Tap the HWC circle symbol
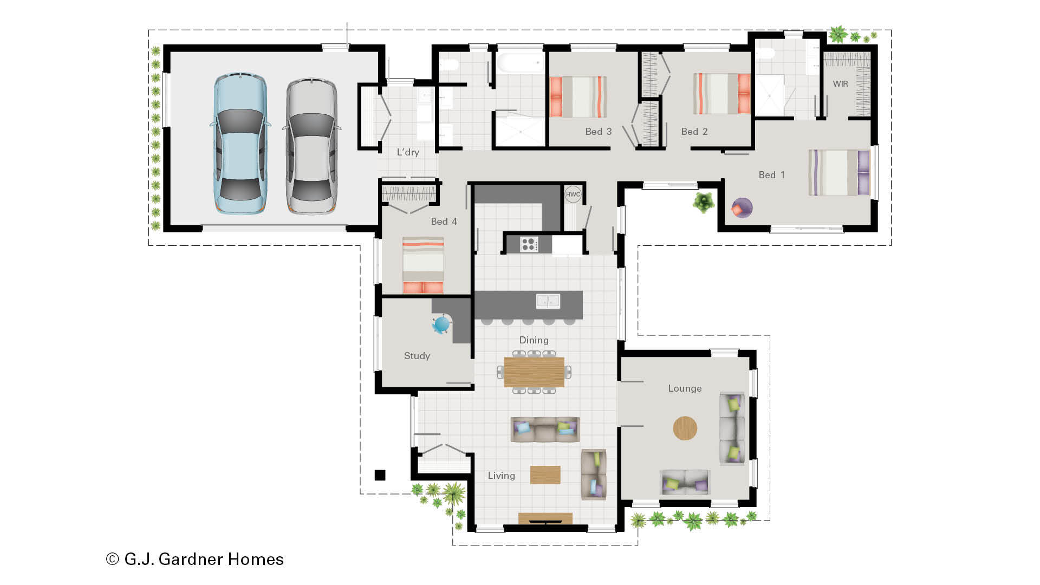coord(573,194)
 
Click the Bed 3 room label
coord(598,132)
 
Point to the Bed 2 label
coord(694,132)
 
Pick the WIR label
coord(840,84)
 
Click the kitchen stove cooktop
coord(529,244)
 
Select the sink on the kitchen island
coord(548,301)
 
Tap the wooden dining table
coord(534,372)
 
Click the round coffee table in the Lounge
coord(685,428)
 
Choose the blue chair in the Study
coord(441,324)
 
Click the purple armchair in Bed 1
coord(741,208)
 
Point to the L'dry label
coord(408,152)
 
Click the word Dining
coord(534,340)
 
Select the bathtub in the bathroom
coord(521,63)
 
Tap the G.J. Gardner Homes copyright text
coord(195,559)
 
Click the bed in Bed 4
coord(423,265)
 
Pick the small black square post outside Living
coord(380,475)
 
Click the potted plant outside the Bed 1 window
coord(703,203)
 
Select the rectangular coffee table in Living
coord(545,474)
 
